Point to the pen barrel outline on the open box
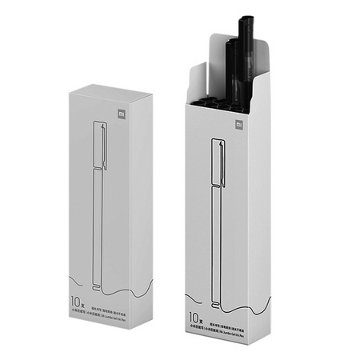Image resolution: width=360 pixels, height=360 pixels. tap(215, 240)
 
